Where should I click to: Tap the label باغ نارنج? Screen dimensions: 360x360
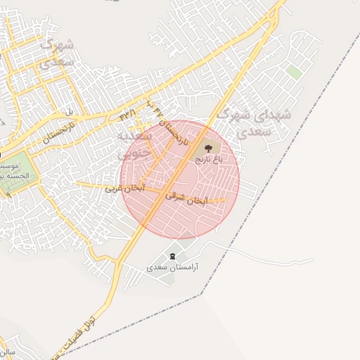point(208,160)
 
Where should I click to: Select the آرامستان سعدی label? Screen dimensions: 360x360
point(173,268)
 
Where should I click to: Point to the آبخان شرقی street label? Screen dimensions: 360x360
point(186,199)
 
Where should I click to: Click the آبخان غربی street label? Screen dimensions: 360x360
point(124,188)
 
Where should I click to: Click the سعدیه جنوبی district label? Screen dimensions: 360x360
point(134,143)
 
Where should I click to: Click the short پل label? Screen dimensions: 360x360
point(69,112)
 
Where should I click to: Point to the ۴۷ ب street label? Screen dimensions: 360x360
point(155,107)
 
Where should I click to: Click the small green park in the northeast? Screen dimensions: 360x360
point(293,72)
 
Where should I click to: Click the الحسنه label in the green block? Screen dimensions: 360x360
point(9,176)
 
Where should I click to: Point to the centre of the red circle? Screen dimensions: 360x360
point(180,180)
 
